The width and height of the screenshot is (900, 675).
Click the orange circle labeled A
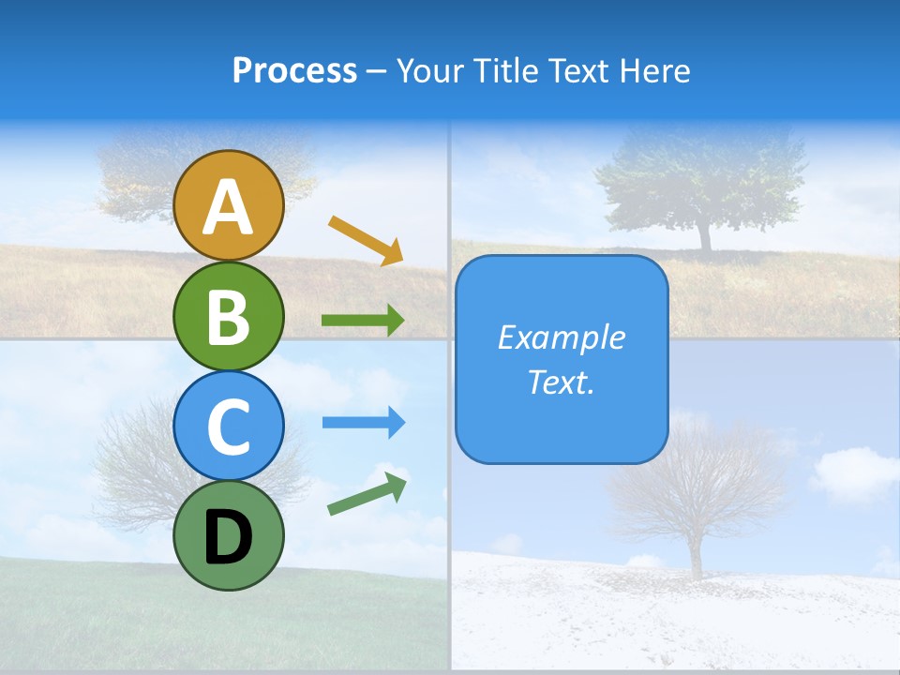pos(229,206)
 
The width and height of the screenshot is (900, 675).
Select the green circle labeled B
pos(229,316)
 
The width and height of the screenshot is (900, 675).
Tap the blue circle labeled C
pos(229,426)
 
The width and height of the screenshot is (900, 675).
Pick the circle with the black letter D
pos(229,535)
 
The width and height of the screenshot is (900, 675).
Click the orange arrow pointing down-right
pos(366,240)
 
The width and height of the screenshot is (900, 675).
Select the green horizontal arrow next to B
pos(363,321)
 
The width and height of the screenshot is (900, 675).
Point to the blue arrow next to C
pos(363,423)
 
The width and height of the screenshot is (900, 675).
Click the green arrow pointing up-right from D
pos(367,495)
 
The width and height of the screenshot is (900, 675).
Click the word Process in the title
pos(294,71)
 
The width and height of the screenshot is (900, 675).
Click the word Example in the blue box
pos(562,337)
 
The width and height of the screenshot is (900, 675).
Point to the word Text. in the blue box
pos(562,382)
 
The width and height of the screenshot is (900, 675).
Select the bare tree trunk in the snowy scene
pos(697,553)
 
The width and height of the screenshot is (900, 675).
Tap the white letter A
pos(229,207)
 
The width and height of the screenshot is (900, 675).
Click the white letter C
pos(229,427)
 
